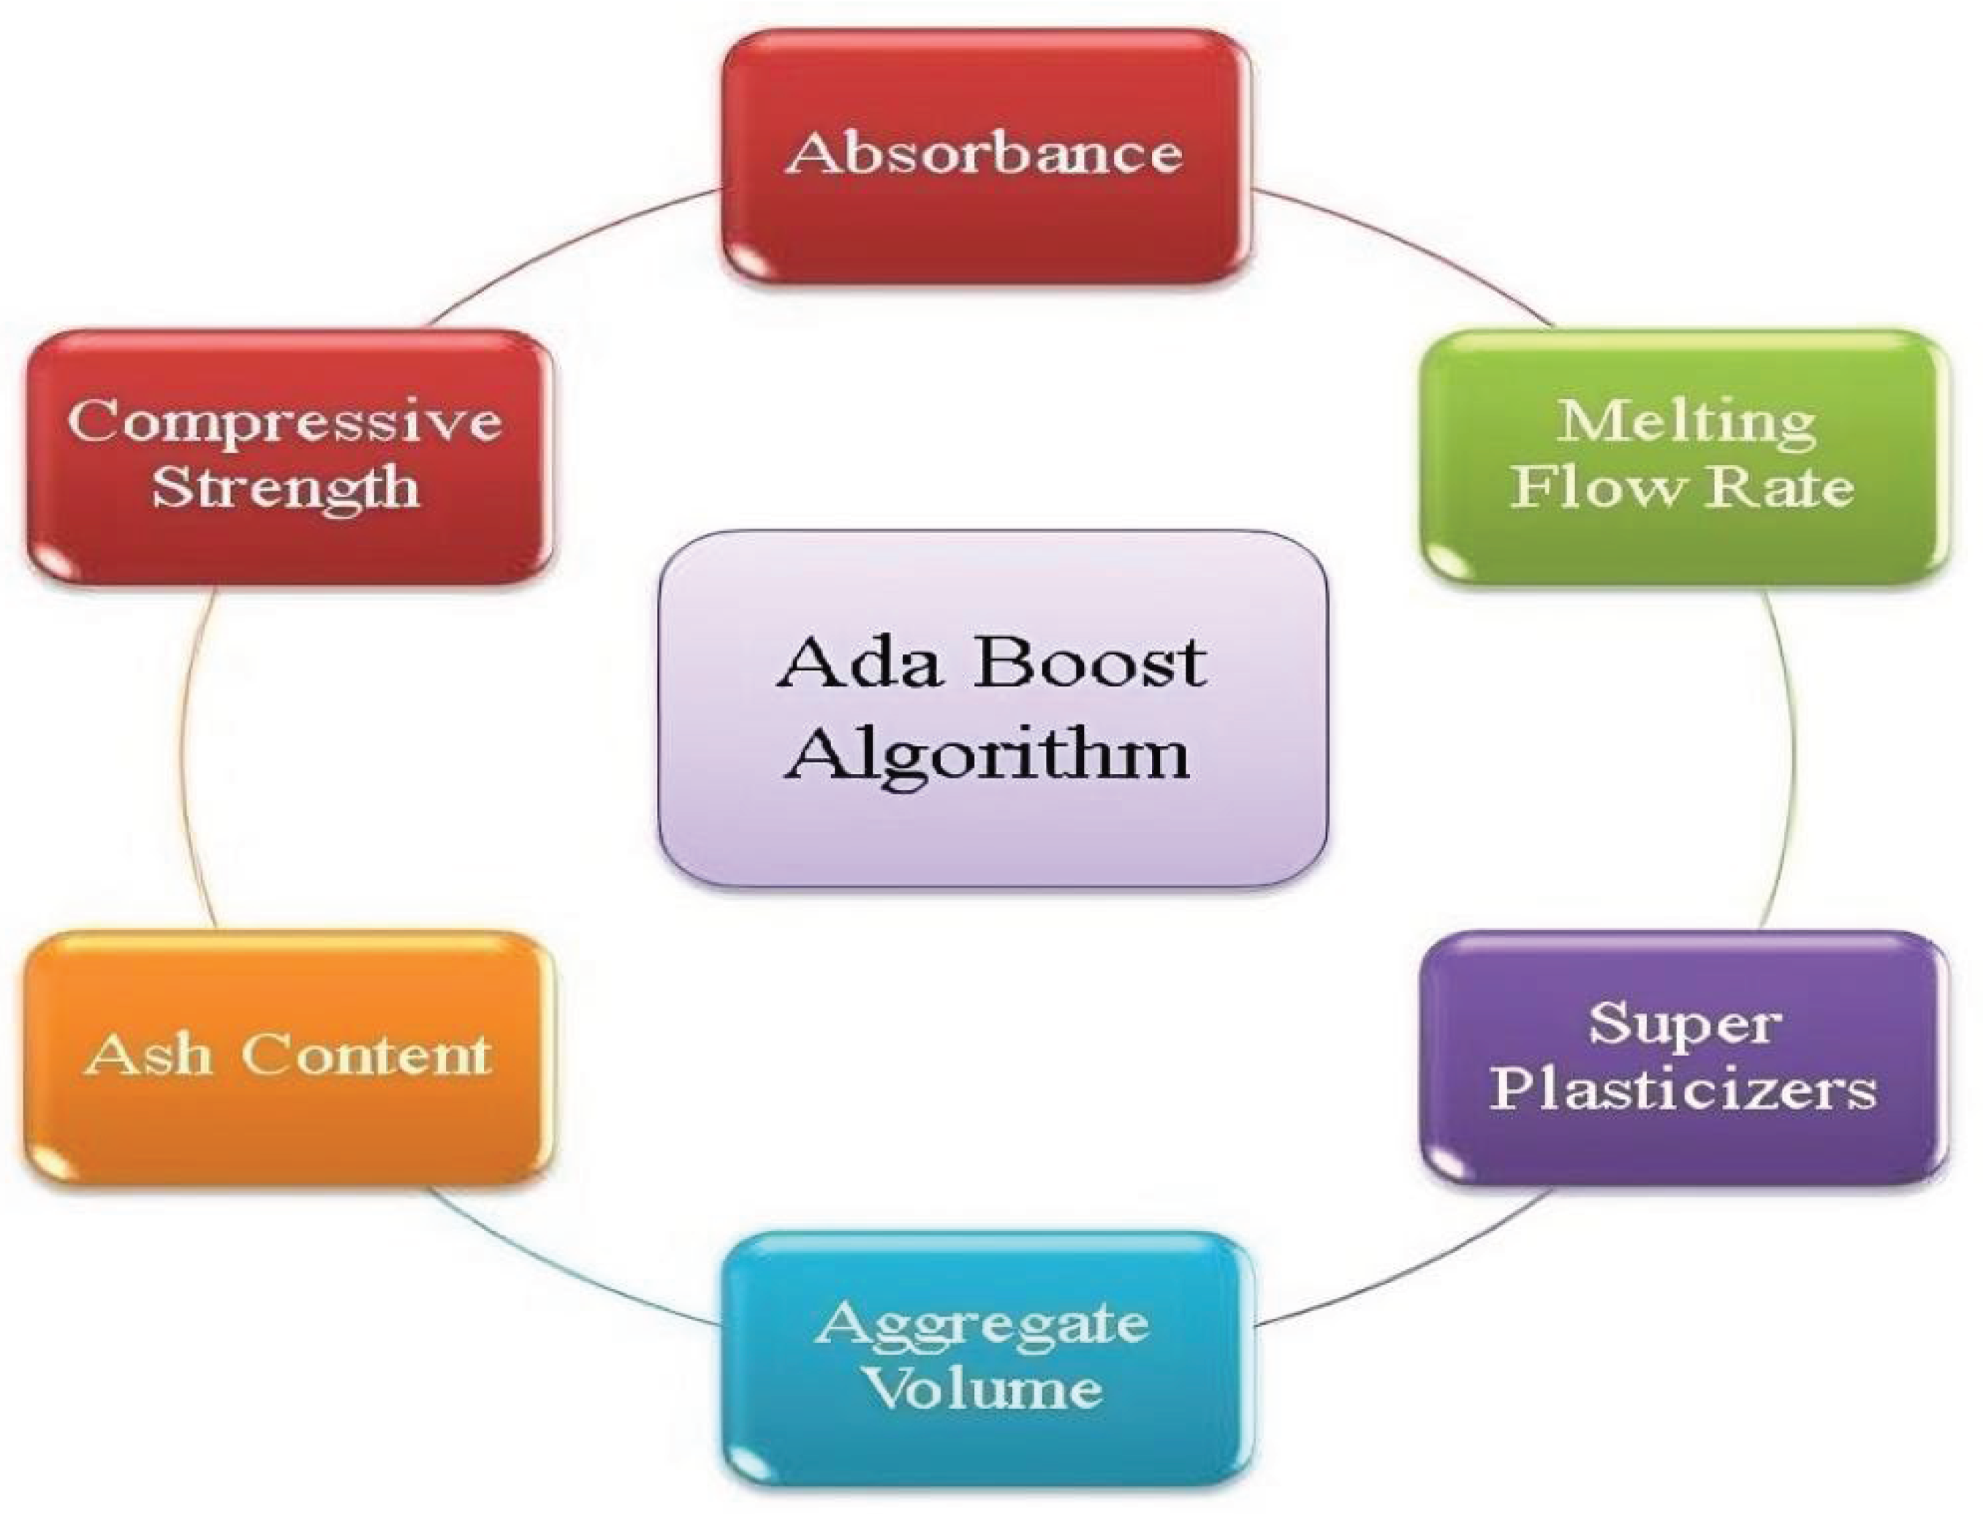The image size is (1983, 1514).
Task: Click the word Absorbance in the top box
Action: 983,154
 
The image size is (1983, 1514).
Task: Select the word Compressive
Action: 285,421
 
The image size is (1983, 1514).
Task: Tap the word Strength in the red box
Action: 286,488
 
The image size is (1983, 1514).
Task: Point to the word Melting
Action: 1686,422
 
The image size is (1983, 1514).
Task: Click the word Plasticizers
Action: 1684,1089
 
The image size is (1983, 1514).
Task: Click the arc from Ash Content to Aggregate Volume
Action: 558,1271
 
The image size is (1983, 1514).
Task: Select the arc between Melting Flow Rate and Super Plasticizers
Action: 1791,757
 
